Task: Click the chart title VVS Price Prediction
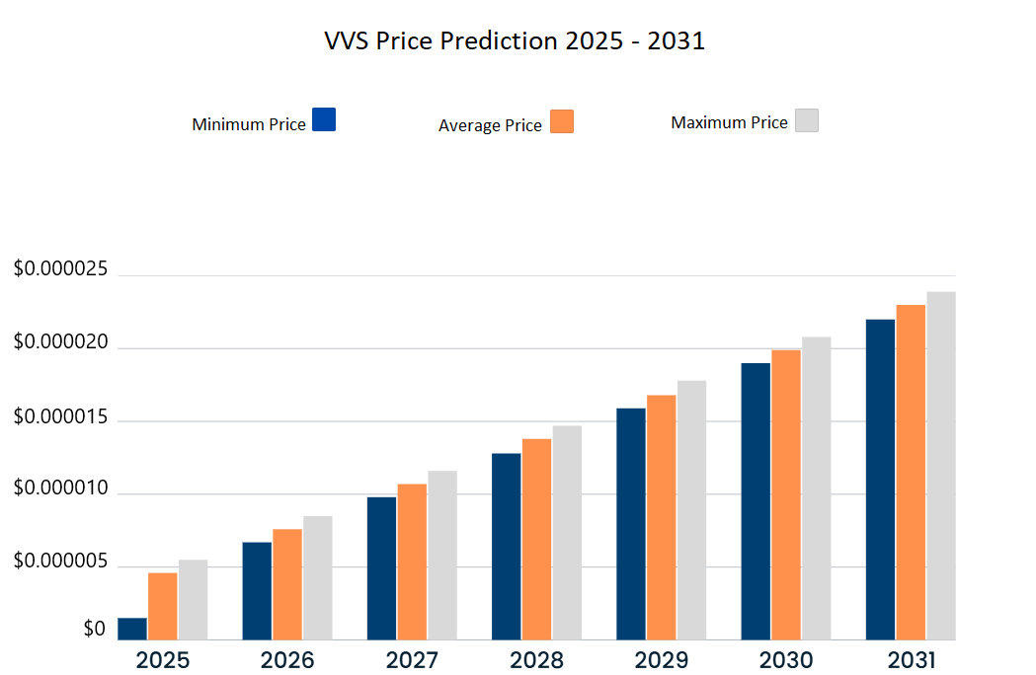[515, 41]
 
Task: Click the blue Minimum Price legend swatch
[324, 119]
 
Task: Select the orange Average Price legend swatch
[562, 121]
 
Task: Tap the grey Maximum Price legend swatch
[807, 120]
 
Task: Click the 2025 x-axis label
[163, 659]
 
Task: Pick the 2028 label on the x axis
[536, 659]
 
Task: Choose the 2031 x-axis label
[910, 659]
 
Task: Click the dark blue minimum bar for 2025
[132, 629]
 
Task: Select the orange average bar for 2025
[163, 606]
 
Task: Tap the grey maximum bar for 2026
[318, 577]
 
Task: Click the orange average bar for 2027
[412, 562]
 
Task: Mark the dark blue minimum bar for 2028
[506, 546]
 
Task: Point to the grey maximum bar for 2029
[691, 510]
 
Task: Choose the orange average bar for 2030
[786, 494]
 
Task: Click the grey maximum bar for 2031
[940, 466]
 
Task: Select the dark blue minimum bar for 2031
[880, 480]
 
